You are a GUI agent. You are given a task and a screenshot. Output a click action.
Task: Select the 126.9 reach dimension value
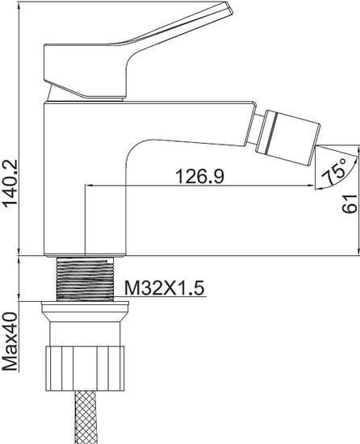coord(200,175)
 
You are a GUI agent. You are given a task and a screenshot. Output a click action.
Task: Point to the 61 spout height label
coord(350,203)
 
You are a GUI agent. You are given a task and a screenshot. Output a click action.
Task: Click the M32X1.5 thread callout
coord(164,288)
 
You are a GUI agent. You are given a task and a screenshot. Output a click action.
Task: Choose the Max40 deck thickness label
coord(10,341)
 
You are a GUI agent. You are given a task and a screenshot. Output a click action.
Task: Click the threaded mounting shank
coord(85,279)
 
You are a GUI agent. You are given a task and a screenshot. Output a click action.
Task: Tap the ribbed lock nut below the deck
coord(85,368)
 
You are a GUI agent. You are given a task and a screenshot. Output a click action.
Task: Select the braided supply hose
coord(85,417)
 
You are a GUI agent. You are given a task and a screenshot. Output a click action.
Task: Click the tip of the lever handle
coord(230,8)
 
